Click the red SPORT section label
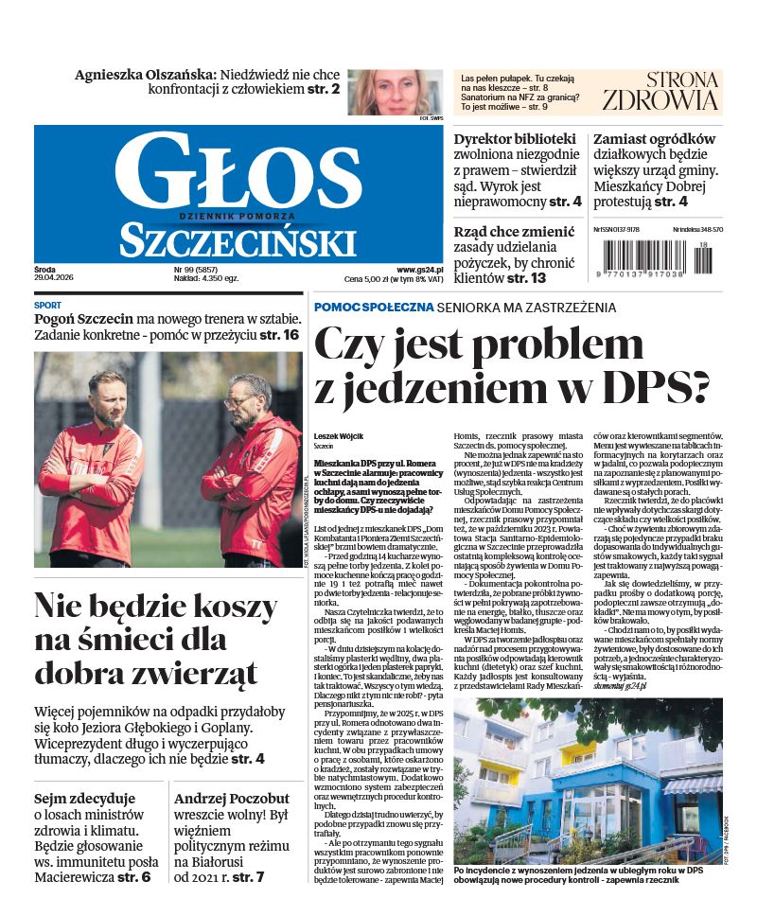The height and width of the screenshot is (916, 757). (x=48, y=306)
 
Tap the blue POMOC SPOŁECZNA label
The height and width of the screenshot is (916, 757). (x=375, y=308)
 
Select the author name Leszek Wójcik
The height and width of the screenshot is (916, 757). (x=340, y=436)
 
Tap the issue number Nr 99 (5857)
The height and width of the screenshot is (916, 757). (x=178, y=270)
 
